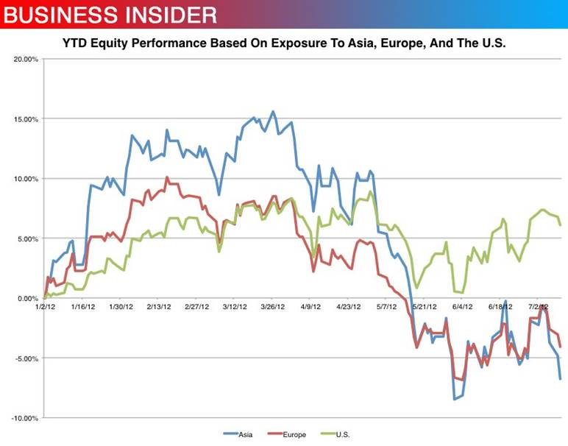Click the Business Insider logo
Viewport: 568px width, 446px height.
tap(110, 14)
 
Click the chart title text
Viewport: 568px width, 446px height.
tap(284, 44)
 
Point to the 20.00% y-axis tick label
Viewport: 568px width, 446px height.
tap(26, 59)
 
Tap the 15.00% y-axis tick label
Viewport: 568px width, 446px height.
tap(26, 118)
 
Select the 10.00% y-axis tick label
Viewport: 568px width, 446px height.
tap(26, 179)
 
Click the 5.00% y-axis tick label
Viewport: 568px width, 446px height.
tap(28, 238)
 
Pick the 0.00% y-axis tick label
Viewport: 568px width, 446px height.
tap(28, 298)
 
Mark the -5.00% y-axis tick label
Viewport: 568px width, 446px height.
tap(27, 358)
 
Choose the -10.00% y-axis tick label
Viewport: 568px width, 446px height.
tap(26, 418)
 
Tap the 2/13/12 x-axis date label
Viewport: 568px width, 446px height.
tap(160, 305)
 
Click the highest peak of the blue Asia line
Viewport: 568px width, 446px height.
tap(273, 111)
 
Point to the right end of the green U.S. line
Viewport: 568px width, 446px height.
tap(561, 225)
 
